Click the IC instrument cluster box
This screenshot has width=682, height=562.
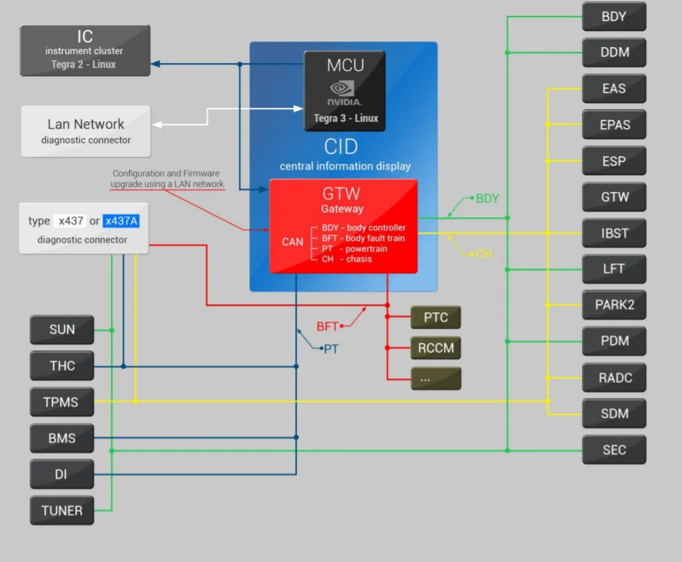(x=85, y=50)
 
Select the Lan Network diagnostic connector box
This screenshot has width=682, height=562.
(x=85, y=131)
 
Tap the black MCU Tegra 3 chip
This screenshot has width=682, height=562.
(x=345, y=91)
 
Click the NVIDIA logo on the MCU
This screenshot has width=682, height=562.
(x=345, y=94)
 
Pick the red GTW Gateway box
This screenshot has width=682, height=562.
(x=343, y=226)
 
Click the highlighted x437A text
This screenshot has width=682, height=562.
(x=120, y=221)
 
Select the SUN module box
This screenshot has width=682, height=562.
(x=62, y=330)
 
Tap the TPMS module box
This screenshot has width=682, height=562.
(x=62, y=402)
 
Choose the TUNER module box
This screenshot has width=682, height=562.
(x=62, y=511)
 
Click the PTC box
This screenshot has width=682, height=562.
(x=435, y=317)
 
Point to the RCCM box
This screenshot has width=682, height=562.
(x=435, y=348)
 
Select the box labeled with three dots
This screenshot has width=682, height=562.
(x=435, y=378)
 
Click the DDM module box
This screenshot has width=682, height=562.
(x=614, y=52)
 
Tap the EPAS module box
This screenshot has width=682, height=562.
(x=614, y=125)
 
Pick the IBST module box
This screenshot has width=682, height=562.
(x=614, y=233)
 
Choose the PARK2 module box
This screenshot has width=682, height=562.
(x=614, y=305)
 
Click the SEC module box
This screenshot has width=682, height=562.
(x=614, y=450)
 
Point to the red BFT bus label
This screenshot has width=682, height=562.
(x=327, y=327)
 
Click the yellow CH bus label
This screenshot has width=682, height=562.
(x=484, y=254)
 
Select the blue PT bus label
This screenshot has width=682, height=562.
(x=331, y=349)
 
